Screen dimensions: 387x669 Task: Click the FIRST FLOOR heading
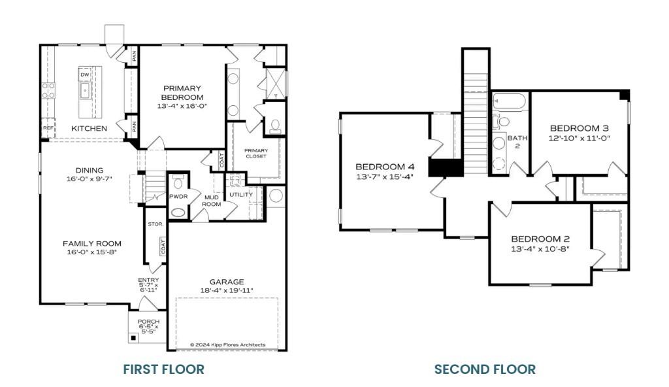163,369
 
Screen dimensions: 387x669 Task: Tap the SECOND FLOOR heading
485,369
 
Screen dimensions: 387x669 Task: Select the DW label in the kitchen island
84,75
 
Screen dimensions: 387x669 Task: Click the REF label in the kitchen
48,128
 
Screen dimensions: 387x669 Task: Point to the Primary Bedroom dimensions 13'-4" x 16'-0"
182,105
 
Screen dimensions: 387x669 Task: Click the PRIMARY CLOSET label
256,154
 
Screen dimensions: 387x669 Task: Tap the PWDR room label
178,195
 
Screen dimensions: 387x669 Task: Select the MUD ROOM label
212,200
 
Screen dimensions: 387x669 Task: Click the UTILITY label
240,195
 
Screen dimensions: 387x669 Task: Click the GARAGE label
227,282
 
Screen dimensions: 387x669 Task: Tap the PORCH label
148,322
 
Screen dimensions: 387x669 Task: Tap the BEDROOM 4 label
384,166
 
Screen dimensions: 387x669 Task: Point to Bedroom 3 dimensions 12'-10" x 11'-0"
579,138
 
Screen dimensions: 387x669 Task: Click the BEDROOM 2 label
540,239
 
